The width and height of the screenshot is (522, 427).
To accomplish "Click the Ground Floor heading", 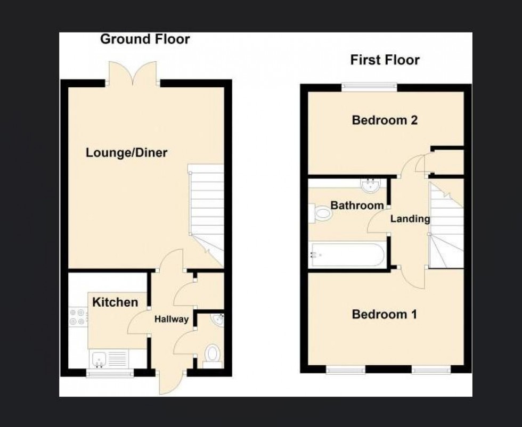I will [x=145, y=39].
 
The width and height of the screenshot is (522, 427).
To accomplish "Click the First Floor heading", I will [x=385, y=60].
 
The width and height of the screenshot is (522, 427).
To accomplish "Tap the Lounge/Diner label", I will [x=127, y=153].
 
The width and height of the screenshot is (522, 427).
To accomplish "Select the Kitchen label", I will [x=115, y=302].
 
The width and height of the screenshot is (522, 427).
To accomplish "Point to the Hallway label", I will [x=172, y=319].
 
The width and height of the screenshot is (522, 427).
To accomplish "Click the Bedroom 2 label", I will [x=385, y=120].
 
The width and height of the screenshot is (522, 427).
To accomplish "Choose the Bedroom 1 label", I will [x=384, y=315].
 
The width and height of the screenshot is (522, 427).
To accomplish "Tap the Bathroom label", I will [x=357, y=206].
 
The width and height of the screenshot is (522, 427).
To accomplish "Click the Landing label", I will [x=410, y=219].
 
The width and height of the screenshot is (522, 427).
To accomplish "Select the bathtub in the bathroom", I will [x=346, y=255].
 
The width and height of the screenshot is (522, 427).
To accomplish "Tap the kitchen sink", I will [x=99, y=359].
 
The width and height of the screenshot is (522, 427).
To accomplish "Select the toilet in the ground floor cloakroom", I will [x=213, y=355].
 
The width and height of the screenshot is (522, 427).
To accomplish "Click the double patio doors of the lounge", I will [x=133, y=73].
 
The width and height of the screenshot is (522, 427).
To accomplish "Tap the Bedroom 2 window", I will [x=369, y=86].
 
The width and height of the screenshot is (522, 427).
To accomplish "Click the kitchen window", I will [x=110, y=374].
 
